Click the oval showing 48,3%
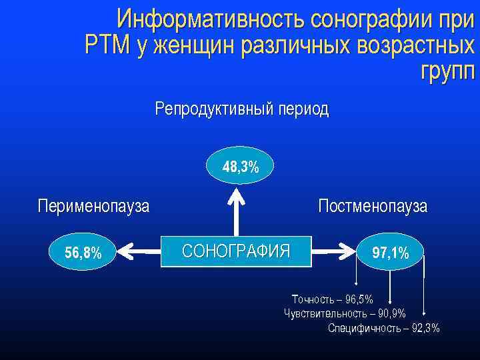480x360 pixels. tap(241, 166)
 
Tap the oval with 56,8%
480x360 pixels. tap(83, 252)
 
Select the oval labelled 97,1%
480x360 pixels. tap(391, 252)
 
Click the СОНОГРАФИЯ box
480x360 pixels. tap(236, 251)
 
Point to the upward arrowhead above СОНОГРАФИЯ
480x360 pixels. tap(236, 195)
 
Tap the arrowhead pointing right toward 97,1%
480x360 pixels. tap(349, 252)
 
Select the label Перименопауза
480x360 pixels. tap(93, 205)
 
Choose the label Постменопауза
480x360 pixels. tap(373, 205)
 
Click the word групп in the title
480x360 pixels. tap(447, 70)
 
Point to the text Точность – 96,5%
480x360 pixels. tap(332, 299)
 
